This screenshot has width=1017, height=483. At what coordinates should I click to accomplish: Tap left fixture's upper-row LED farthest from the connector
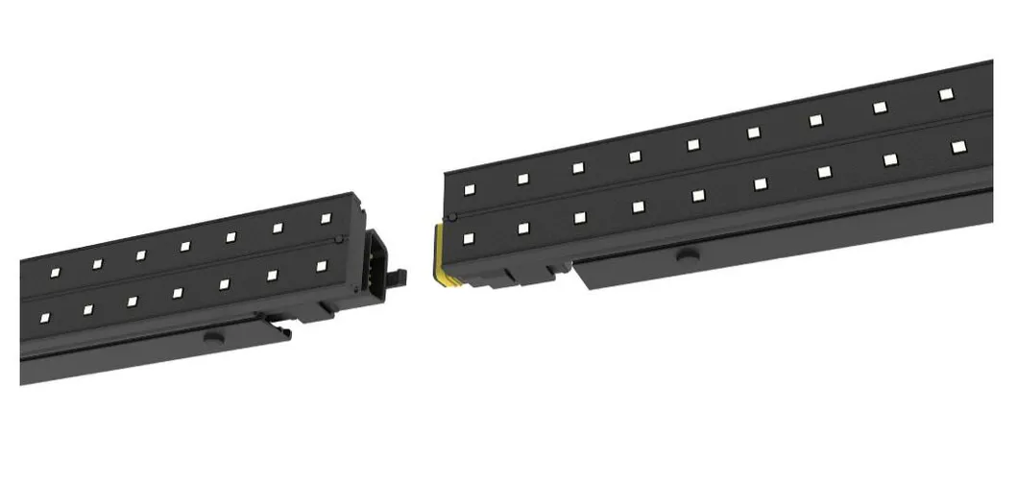pos(55,273)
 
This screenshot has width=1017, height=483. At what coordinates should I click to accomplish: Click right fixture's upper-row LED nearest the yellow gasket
pos(469,189)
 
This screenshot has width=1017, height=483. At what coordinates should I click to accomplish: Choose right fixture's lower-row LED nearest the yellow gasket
pos(469,238)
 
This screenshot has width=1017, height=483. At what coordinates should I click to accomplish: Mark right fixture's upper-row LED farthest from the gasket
pos(945,94)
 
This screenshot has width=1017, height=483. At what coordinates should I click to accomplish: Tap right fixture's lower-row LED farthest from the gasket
pos(957,147)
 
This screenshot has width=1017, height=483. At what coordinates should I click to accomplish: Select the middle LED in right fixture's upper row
pos(692,144)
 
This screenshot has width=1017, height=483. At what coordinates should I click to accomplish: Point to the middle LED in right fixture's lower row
pos(698,195)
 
